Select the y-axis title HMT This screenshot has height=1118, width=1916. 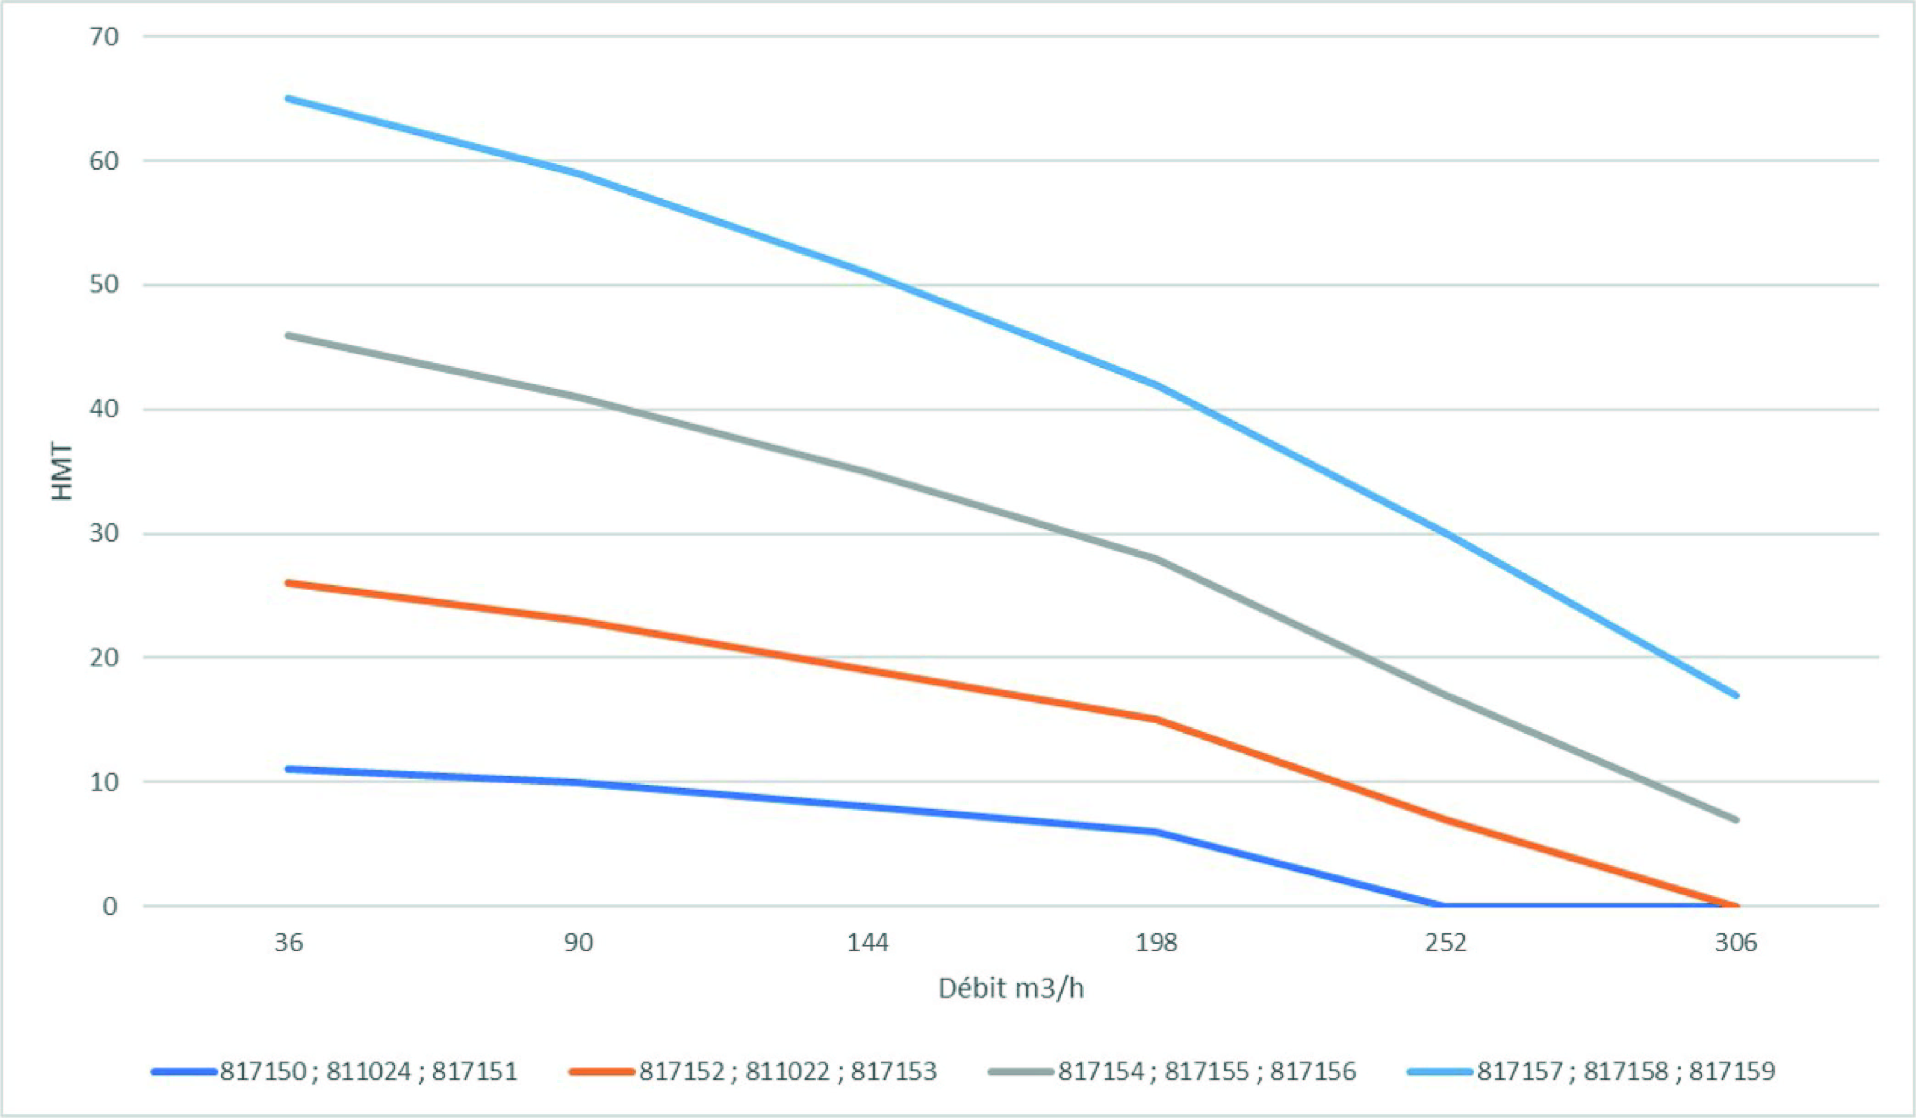(62, 471)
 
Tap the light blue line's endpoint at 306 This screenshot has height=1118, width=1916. (1736, 695)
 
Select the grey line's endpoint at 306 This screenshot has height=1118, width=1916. (1736, 819)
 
